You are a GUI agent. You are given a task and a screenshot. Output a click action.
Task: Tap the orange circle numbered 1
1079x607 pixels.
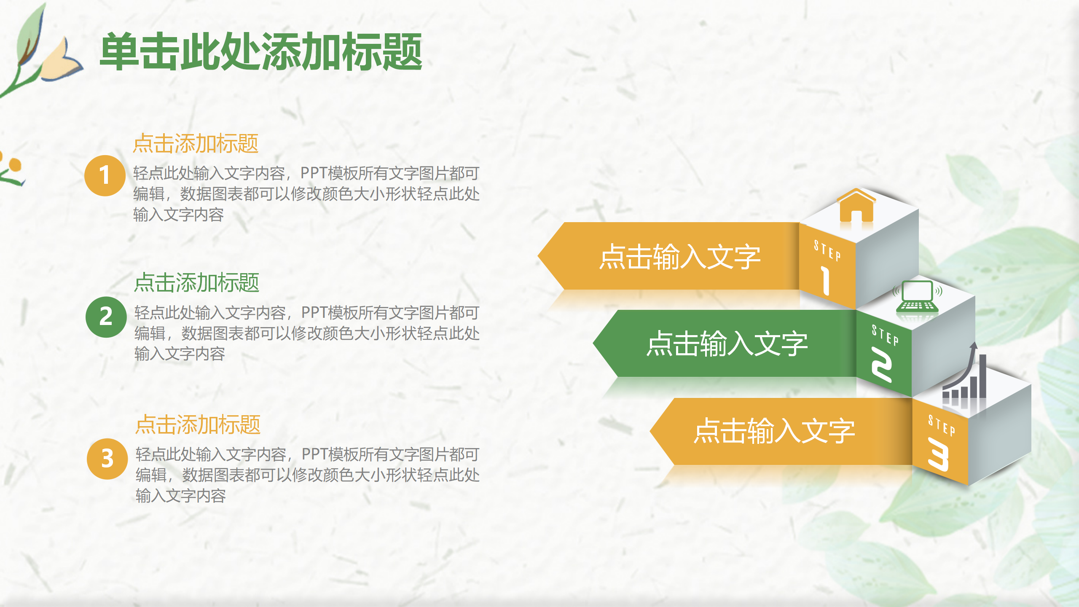point(105,175)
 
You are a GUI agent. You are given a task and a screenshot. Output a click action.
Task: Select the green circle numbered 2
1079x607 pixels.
point(106,317)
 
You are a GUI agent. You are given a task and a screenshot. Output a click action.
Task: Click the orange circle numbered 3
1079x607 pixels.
point(107,459)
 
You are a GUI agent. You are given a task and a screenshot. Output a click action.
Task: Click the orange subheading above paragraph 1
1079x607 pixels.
point(196,144)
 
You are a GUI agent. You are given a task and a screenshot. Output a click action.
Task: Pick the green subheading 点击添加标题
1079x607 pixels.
point(196,282)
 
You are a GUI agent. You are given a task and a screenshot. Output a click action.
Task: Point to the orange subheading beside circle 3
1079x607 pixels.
point(198,424)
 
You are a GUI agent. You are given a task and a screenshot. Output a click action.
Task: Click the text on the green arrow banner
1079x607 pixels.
point(727,344)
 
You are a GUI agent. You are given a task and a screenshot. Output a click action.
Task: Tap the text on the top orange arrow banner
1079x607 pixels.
point(680,256)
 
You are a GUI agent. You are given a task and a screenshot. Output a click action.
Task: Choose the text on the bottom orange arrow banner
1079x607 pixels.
point(774,431)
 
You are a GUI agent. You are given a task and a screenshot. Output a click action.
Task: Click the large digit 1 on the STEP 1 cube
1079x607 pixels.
point(825,280)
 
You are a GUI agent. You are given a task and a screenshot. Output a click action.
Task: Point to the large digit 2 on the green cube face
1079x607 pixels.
point(881,364)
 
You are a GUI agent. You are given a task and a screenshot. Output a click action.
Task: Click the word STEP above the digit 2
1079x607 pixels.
point(885,335)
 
